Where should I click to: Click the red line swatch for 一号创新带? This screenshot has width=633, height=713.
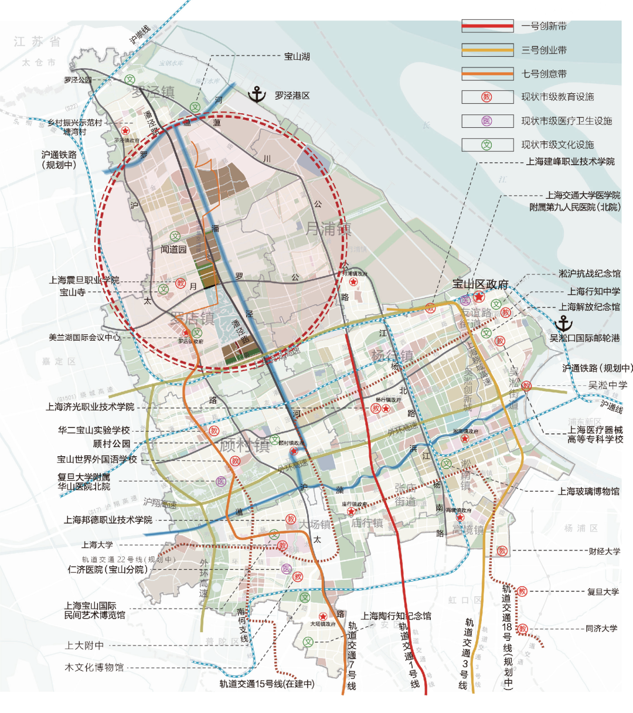click(487, 26)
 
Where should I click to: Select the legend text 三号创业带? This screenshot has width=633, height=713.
click(544, 50)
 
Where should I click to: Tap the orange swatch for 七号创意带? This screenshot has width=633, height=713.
click(487, 74)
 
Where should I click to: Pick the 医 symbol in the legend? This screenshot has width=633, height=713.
click(486, 121)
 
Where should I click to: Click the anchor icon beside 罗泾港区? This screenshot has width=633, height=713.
click(257, 94)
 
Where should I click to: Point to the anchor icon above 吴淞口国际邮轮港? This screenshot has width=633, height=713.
click(563, 323)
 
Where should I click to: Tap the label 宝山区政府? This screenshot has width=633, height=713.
click(480, 284)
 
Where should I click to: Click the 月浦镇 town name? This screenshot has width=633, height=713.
click(328, 228)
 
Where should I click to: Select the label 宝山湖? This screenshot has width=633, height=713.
click(297, 57)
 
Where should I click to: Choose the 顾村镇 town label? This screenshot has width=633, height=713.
click(244, 446)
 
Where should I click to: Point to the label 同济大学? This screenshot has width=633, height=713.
click(601, 628)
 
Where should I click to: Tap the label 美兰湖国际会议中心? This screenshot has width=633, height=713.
click(84, 338)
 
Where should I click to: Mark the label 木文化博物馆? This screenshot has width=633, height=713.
click(94, 667)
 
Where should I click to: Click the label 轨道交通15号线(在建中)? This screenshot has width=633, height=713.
click(267, 684)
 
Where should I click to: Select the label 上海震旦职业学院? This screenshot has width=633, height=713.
click(84, 280)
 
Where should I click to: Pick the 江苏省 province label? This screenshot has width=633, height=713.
click(38, 42)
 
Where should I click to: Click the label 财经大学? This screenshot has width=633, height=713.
click(604, 551)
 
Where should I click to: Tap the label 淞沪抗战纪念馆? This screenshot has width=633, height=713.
click(589, 273)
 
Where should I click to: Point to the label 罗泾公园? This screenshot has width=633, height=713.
click(78, 80)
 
